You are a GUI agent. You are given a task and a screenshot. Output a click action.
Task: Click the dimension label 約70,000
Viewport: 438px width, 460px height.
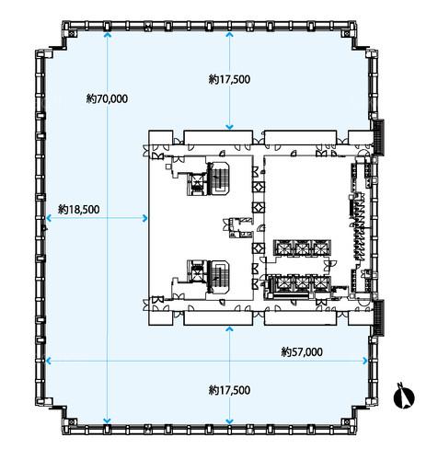point(107,98)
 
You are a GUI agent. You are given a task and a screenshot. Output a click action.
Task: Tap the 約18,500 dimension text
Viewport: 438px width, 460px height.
point(79,210)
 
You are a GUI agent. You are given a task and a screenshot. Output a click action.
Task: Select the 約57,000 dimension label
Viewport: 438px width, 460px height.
point(302,351)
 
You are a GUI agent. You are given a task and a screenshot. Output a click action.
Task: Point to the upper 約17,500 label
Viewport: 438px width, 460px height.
point(229,79)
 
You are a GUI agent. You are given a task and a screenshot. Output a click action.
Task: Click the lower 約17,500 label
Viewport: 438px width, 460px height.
point(229,390)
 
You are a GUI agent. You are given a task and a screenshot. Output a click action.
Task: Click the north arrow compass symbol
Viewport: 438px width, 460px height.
point(404,397)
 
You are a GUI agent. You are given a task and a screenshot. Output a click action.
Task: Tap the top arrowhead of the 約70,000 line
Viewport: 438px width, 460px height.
point(107,34)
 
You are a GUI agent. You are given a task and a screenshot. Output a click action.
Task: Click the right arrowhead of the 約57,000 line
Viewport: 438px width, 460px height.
point(365,361)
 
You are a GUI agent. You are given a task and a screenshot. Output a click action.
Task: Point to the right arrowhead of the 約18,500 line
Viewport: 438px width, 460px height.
point(145,218)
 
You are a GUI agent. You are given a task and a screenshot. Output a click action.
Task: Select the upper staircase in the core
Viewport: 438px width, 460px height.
point(219,178)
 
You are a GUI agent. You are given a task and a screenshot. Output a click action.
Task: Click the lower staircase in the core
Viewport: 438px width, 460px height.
point(218,277)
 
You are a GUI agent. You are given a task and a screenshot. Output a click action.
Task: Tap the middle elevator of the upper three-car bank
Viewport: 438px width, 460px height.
point(302,247)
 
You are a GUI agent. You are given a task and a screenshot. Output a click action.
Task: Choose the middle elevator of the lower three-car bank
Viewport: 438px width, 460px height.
point(302,283)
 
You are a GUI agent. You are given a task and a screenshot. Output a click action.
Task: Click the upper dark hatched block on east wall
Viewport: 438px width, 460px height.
point(380,137)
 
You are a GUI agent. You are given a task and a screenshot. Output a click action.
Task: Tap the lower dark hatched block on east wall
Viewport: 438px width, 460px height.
point(380,317)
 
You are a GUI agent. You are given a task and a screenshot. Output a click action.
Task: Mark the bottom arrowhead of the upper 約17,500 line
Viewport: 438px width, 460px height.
point(229,128)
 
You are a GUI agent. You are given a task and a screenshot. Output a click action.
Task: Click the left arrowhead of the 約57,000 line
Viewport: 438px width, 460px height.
point(49,361)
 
